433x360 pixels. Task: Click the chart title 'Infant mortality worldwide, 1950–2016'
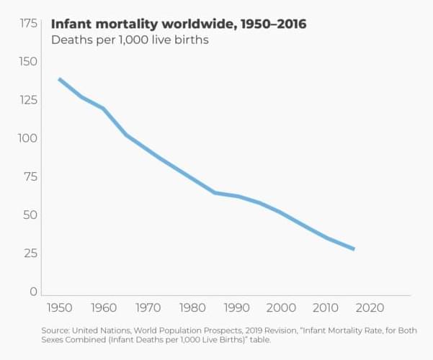[179, 24]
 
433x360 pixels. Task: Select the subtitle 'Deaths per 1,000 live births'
[130, 40]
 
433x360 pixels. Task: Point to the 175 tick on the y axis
[28, 24]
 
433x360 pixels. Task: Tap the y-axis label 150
[28, 62]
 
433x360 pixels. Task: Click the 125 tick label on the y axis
[28, 100]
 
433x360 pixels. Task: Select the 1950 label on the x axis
[60, 308]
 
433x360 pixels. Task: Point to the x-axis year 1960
[103, 308]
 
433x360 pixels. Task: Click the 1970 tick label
[148, 308]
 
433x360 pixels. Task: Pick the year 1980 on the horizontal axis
[192, 308]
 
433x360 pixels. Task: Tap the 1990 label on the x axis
[236, 308]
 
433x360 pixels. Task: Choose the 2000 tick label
[280, 308]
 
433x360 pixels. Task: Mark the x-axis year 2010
[324, 308]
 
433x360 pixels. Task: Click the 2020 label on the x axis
[369, 308]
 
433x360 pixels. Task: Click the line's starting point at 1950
[59, 79]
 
